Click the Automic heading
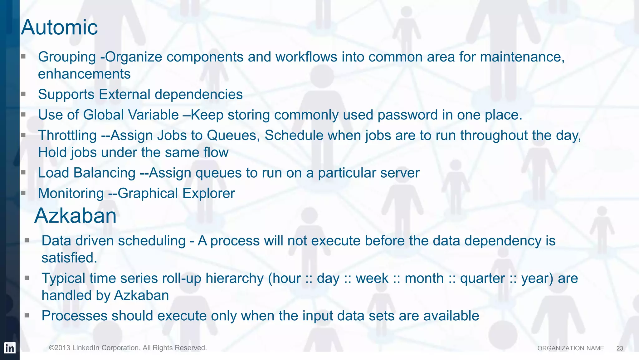59,27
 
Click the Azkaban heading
75,216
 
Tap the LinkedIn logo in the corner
10,348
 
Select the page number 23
620,348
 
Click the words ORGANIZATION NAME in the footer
570,348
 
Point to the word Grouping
67,57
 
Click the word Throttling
67,136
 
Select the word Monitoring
71,193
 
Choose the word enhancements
84,74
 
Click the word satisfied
69,258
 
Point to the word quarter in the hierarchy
482,279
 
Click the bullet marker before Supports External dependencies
23,94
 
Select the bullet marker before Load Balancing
23,172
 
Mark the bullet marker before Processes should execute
27,315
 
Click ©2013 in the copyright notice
60,348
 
